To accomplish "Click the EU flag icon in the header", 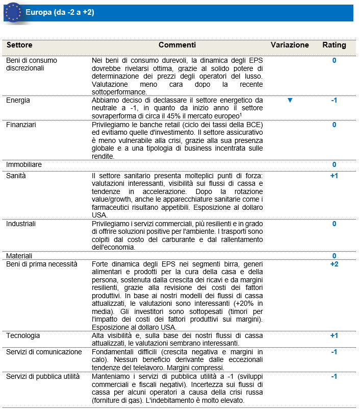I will (13, 12).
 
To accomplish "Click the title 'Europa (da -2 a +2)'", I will (59, 13).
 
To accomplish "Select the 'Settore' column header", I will (19, 45).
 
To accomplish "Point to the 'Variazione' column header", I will (290, 45).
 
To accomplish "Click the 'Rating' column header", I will (334, 45).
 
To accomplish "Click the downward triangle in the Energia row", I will (290, 101).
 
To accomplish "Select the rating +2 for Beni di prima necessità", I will (334, 264).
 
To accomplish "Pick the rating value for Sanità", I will (334, 176).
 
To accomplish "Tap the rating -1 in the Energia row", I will (334, 101).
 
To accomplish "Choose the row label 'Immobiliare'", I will (23, 164).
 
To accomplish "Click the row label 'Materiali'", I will (19, 255).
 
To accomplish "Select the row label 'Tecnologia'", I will (22, 335).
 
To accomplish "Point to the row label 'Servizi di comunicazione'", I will (44, 352).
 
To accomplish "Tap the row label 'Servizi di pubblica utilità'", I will (43, 376).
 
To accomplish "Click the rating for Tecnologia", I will (334, 335).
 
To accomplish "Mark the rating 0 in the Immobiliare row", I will (334, 164).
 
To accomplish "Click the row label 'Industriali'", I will (21, 224).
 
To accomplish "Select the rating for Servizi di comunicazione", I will (334, 352).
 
